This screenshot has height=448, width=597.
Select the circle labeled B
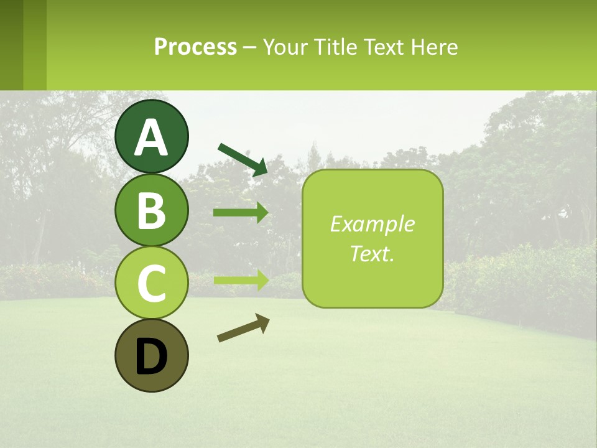[152, 210]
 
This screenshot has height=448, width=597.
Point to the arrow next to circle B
[241, 213]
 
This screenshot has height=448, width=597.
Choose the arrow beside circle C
[241, 279]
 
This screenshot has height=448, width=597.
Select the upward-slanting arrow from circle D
[243, 328]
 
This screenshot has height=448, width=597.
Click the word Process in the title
[195, 47]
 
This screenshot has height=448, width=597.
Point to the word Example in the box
[372, 224]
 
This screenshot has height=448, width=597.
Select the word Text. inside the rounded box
[372, 253]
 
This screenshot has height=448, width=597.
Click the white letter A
[152, 138]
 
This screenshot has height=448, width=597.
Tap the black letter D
[152, 357]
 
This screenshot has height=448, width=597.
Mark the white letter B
[152, 210]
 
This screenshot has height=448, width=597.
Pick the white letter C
[152, 284]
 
